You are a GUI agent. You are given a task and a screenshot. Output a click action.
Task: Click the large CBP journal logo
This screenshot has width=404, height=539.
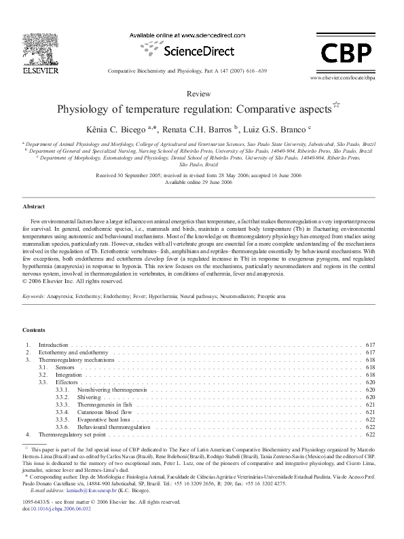pyautogui.click(x=345, y=51)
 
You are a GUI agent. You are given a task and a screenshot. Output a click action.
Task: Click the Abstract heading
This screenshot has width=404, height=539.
pyautogui.click(x=34, y=206)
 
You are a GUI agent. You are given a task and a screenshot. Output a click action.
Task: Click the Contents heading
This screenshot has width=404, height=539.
pyautogui.click(x=34, y=330)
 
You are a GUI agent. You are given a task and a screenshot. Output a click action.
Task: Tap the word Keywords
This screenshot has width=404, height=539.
pyautogui.click(x=34, y=297)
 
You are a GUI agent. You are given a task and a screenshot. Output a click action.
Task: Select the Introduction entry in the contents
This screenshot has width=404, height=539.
pyautogui.click(x=54, y=346)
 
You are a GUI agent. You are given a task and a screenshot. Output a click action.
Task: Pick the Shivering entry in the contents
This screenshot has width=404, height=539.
pyautogui.click(x=89, y=397)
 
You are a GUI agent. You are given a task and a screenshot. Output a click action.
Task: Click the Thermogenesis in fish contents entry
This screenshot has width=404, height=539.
pyautogui.click(x=107, y=405)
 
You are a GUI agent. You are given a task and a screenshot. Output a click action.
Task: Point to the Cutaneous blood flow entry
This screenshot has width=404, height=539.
pyautogui.click(x=105, y=412)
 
